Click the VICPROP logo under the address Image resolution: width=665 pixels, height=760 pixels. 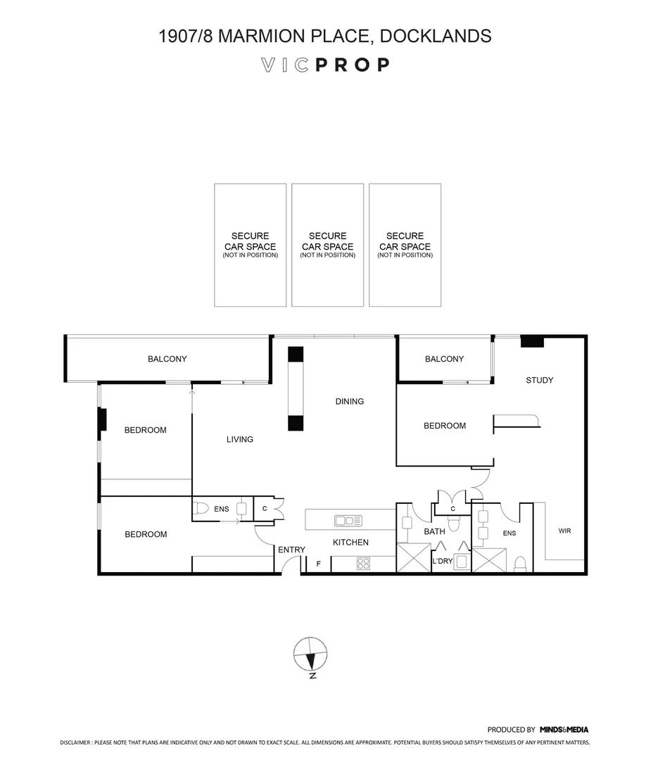point(325,65)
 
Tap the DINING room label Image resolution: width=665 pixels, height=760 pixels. point(349,402)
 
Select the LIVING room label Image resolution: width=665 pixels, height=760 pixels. point(239,440)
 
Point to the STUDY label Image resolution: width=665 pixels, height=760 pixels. point(540,381)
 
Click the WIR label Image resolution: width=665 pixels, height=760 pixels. point(564,531)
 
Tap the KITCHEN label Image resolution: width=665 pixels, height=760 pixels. point(350,543)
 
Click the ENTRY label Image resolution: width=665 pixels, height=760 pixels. point(291,550)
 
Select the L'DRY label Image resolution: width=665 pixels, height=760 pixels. point(443,561)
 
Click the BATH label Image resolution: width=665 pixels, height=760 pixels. point(434,532)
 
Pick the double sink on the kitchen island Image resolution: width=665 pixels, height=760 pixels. point(348,521)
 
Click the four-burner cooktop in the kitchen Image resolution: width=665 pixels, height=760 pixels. point(363,563)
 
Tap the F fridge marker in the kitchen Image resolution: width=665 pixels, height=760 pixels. point(318,564)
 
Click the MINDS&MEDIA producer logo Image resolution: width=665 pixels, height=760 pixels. point(564,730)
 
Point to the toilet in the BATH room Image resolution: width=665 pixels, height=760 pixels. point(455,523)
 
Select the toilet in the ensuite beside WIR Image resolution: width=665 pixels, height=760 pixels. point(521,564)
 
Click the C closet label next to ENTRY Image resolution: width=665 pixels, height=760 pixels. point(265,508)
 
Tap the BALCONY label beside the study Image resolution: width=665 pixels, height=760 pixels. point(444,360)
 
